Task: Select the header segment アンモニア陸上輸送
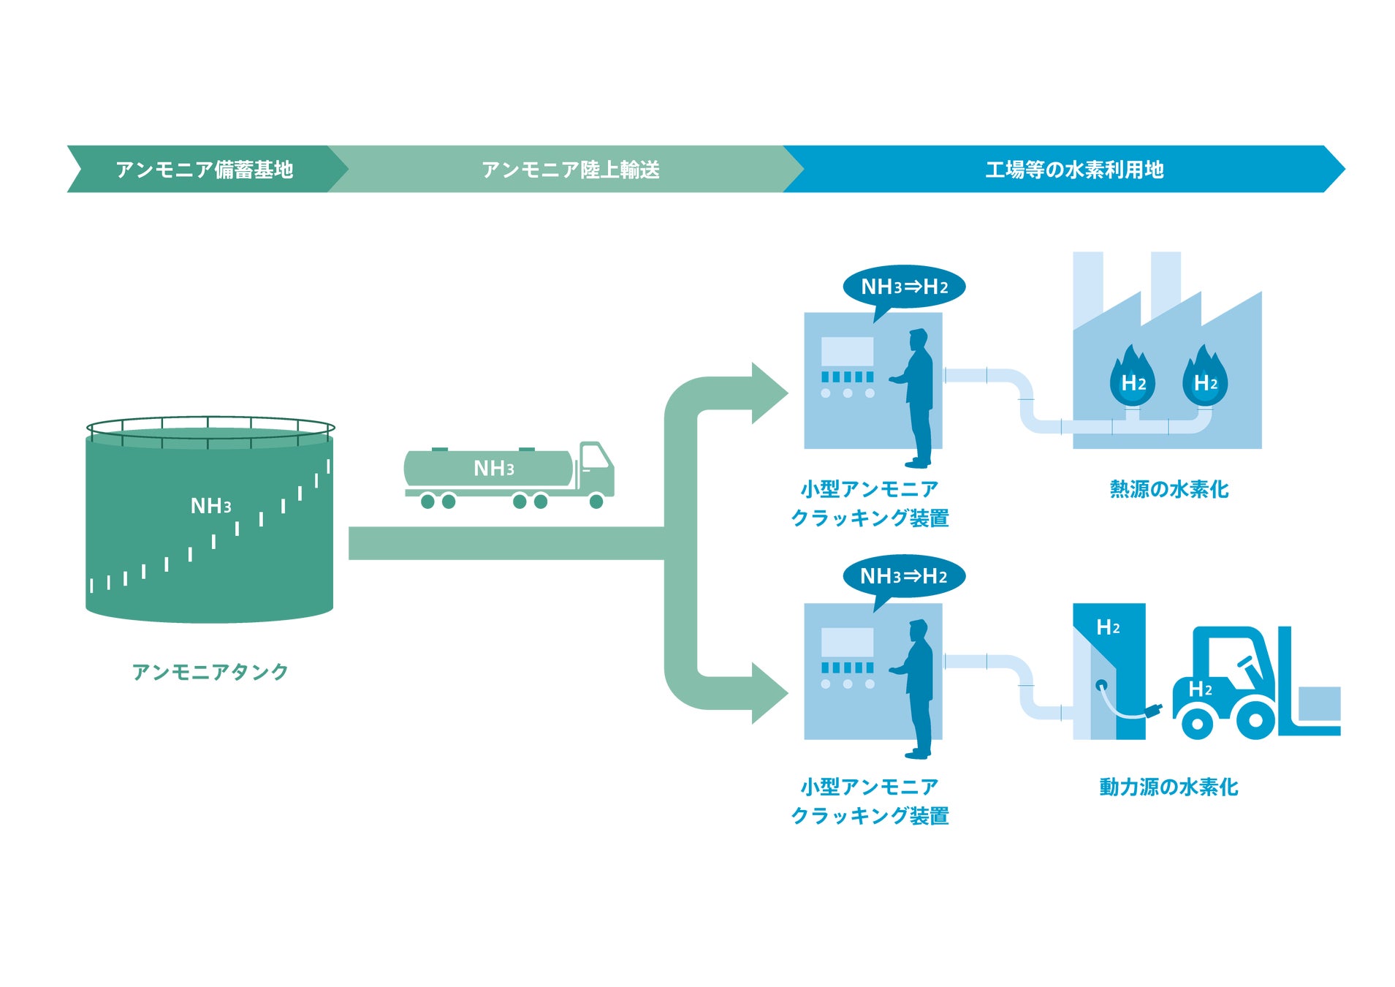coord(570,170)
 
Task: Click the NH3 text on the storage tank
coord(210,506)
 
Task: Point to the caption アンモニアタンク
coord(210,671)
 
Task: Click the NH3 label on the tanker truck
coord(494,469)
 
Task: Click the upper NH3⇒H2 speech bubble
coord(904,287)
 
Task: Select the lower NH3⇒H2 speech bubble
coord(903,576)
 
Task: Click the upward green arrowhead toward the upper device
coord(767,393)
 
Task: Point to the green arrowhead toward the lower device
coord(767,693)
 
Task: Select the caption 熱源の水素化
coord(1168,489)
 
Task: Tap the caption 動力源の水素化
coord(1168,787)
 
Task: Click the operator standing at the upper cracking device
coord(918,398)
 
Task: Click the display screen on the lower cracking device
coord(847,642)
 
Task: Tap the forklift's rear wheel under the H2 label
coord(1197,723)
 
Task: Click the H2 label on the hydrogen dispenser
coord(1108,627)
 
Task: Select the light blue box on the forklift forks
coord(1318,703)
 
